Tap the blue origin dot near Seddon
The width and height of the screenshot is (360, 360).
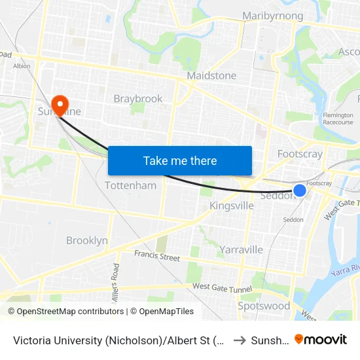coord(299,190)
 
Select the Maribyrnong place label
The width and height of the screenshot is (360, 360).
coord(272,16)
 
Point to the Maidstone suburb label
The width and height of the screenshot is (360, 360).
coord(211,76)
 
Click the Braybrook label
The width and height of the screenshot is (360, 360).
coord(138,99)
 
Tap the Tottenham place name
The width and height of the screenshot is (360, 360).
coord(131,186)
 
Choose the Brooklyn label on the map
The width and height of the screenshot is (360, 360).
coord(87,241)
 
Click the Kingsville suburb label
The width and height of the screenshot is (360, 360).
coord(232,206)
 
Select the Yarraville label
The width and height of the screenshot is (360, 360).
coord(241,249)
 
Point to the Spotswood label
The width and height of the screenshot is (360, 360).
coord(264,306)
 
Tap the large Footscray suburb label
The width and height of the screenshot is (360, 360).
coord(300,154)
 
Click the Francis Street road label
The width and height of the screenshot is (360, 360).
coord(157,256)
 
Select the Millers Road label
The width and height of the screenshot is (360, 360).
coord(116,279)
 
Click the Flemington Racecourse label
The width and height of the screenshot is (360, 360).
coord(338,118)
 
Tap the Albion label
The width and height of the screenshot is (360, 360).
coord(22,66)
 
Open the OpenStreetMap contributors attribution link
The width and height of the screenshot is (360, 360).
coord(67,312)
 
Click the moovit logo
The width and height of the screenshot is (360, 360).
coord(321,339)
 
